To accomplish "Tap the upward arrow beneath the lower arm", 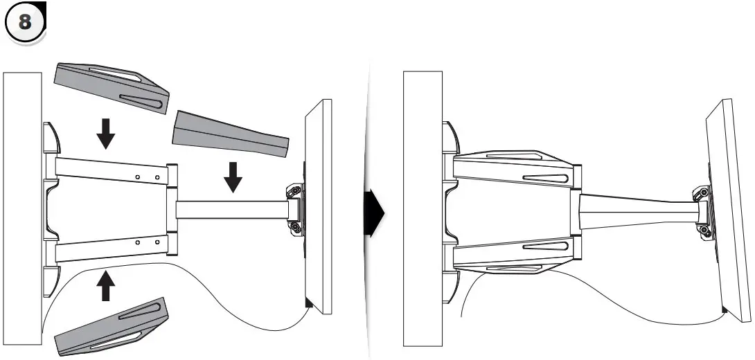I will point(105,285).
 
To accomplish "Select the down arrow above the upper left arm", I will point(105,133).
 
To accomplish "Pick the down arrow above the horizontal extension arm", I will point(233,177).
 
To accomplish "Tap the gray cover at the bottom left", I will point(111,327).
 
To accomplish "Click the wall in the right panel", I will point(423,208).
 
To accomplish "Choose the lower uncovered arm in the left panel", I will point(111,249).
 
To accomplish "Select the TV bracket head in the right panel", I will point(701,208).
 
